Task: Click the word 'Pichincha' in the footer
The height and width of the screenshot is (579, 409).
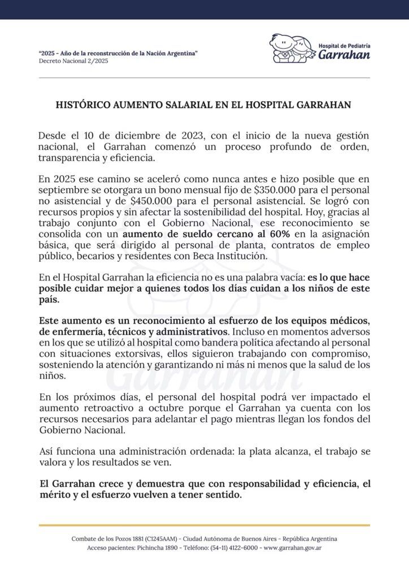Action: (149, 548)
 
